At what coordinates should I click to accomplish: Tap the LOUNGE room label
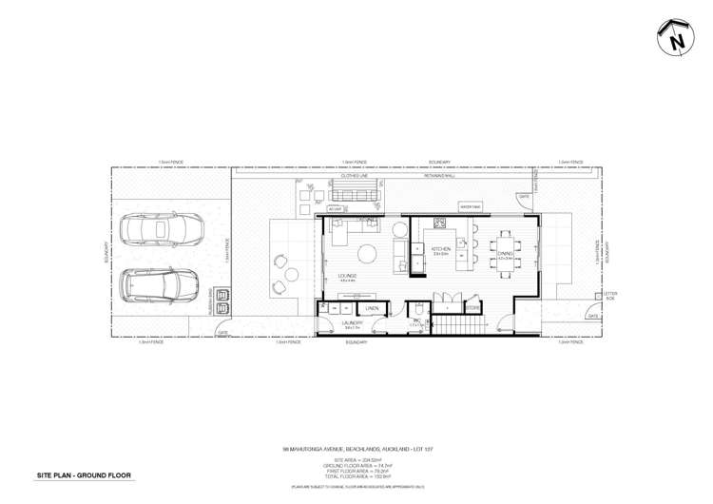click(x=345, y=276)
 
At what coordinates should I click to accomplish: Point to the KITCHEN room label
click(x=441, y=249)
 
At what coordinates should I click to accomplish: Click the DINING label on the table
click(x=505, y=254)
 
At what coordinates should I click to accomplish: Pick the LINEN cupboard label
click(x=373, y=309)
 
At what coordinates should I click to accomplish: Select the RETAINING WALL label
click(x=439, y=176)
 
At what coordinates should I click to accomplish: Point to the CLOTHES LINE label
click(x=356, y=176)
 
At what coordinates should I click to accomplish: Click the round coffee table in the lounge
click(x=366, y=252)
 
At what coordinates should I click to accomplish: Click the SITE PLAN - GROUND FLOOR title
click(x=84, y=474)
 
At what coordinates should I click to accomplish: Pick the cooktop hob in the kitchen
click(x=440, y=224)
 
